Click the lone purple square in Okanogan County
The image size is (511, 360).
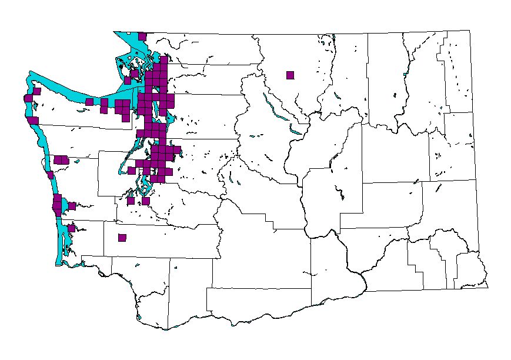[290, 75]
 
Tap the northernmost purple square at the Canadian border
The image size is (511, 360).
[142, 36]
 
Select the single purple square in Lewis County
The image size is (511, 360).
[122, 238]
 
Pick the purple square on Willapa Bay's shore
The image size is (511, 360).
[71, 228]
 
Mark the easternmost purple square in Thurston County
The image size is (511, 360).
[145, 201]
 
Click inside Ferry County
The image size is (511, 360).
[385, 76]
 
